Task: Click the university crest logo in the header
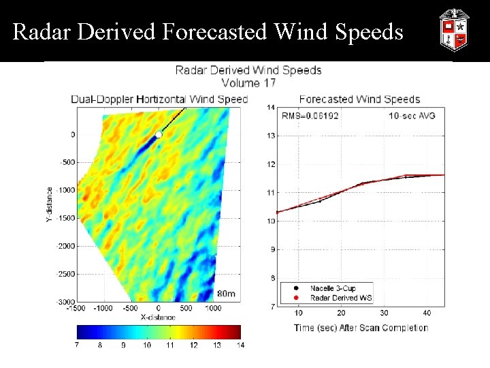(x=454, y=30)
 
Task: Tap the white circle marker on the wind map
(x=159, y=135)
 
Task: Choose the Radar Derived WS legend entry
(x=338, y=297)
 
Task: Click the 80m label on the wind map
(x=226, y=294)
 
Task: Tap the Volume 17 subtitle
(x=248, y=83)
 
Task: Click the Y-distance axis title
(x=50, y=204)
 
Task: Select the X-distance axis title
(x=159, y=317)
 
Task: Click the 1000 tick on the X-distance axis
(x=213, y=309)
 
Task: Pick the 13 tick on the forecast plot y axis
(x=271, y=136)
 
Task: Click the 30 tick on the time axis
(x=385, y=313)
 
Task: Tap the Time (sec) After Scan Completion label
(x=361, y=328)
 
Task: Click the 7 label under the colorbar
(x=78, y=346)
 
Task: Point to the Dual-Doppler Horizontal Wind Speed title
(x=160, y=99)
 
